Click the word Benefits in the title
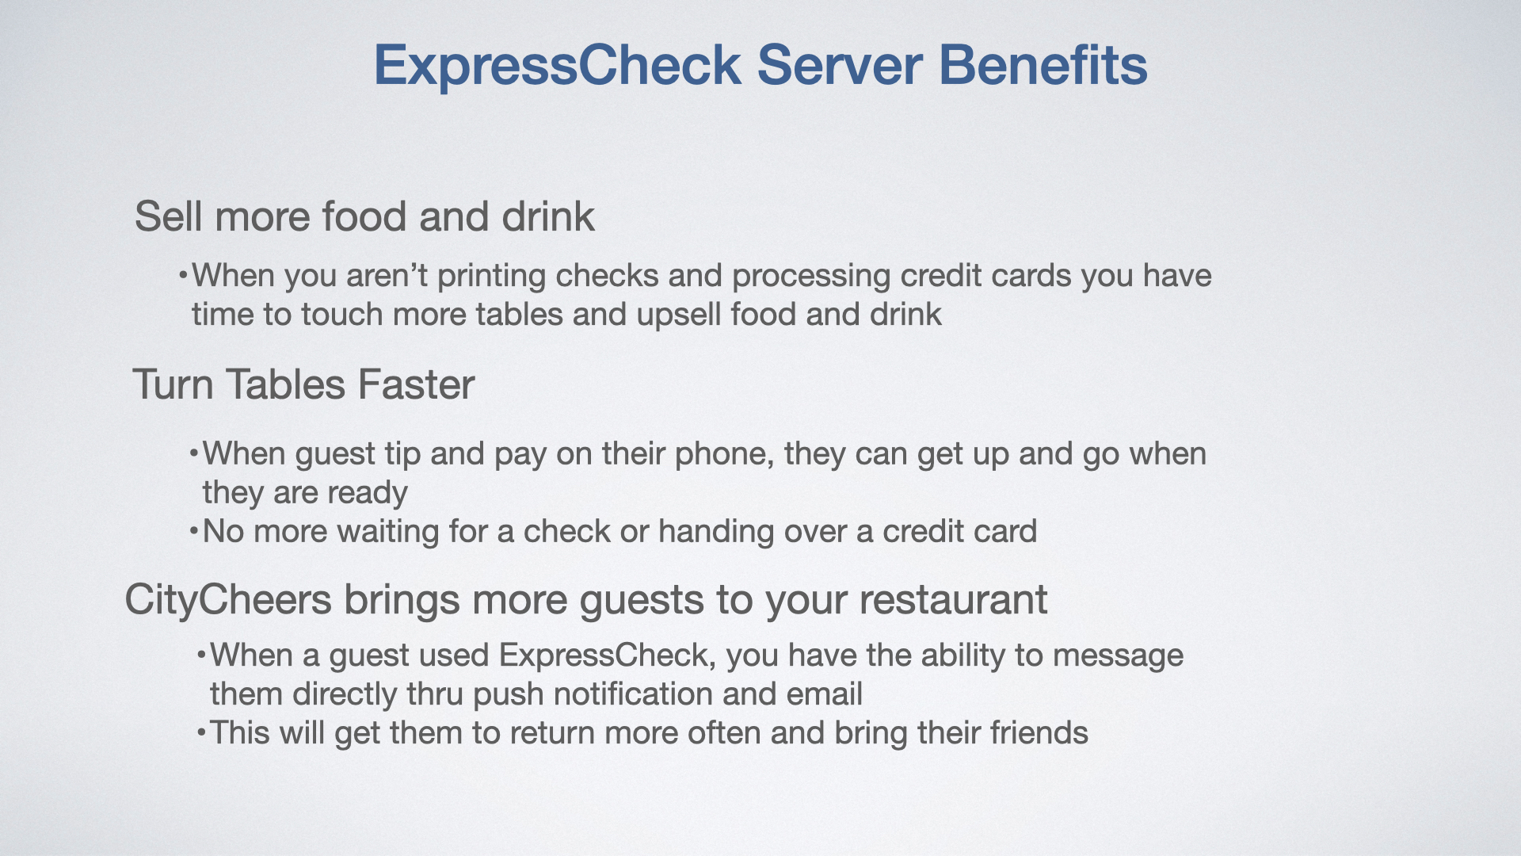[x=1043, y=64]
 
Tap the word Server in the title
[x=840, y=64]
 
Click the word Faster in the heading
[x=416, y=384]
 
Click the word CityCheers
[x=228, y=600]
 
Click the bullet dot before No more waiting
[x=193, y=531]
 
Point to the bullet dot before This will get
[x=200, y=733]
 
